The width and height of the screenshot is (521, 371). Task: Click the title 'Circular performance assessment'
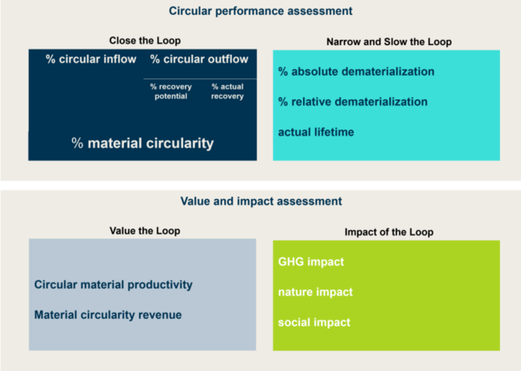click(260, 12)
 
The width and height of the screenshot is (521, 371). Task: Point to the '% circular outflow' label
click(199, 59)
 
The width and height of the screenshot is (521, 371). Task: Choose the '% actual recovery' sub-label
click(228, 91)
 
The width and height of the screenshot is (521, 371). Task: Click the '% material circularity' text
click(142, 143)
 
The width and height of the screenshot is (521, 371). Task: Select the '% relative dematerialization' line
click(353, 102)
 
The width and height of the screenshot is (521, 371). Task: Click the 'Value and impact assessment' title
click(260, 201)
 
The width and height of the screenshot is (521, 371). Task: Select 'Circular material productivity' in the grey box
click(113, 284)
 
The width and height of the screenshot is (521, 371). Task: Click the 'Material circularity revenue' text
click(108, 314)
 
